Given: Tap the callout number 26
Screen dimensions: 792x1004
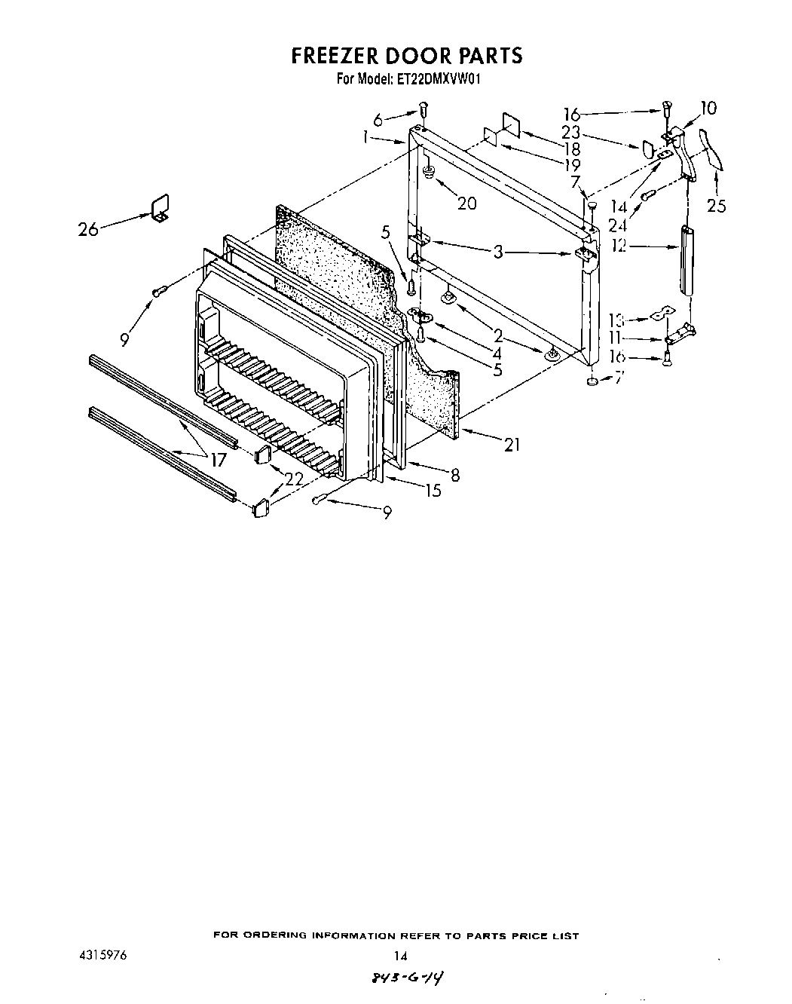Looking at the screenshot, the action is (x=88, y=228).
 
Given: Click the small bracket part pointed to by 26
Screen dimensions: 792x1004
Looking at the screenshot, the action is (x=159, y=208).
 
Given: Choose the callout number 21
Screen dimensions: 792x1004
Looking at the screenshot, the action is (x=512, y=445).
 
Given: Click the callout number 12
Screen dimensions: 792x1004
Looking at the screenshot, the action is (x=619, y=245).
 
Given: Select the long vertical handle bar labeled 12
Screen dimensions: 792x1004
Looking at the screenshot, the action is (x=686, y=261).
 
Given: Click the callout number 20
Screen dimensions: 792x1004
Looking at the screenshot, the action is (x=467, y=203).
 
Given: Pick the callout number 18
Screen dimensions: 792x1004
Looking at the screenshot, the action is (x=572, y=149).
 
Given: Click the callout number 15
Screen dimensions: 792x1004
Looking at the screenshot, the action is (x=433, y=491).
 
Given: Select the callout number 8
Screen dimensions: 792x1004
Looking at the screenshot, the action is (x=454, y=475).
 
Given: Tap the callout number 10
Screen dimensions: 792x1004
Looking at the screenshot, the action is (x=708, y=108).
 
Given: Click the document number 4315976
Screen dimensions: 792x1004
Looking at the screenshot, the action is (x=102, y=954).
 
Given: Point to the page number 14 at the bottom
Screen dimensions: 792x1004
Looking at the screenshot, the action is (x=400, y=956).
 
